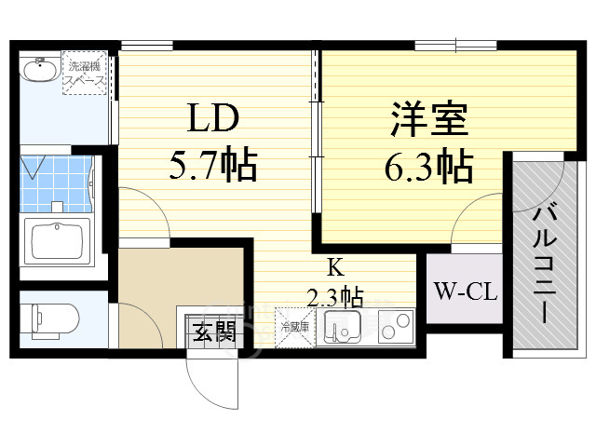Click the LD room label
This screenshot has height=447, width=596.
(x=215, y=120)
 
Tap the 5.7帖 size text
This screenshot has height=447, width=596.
(x=213, y=167)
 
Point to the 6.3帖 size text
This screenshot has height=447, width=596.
(x=428, y=169)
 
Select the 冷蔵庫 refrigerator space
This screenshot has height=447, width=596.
(x=295, y=328)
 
